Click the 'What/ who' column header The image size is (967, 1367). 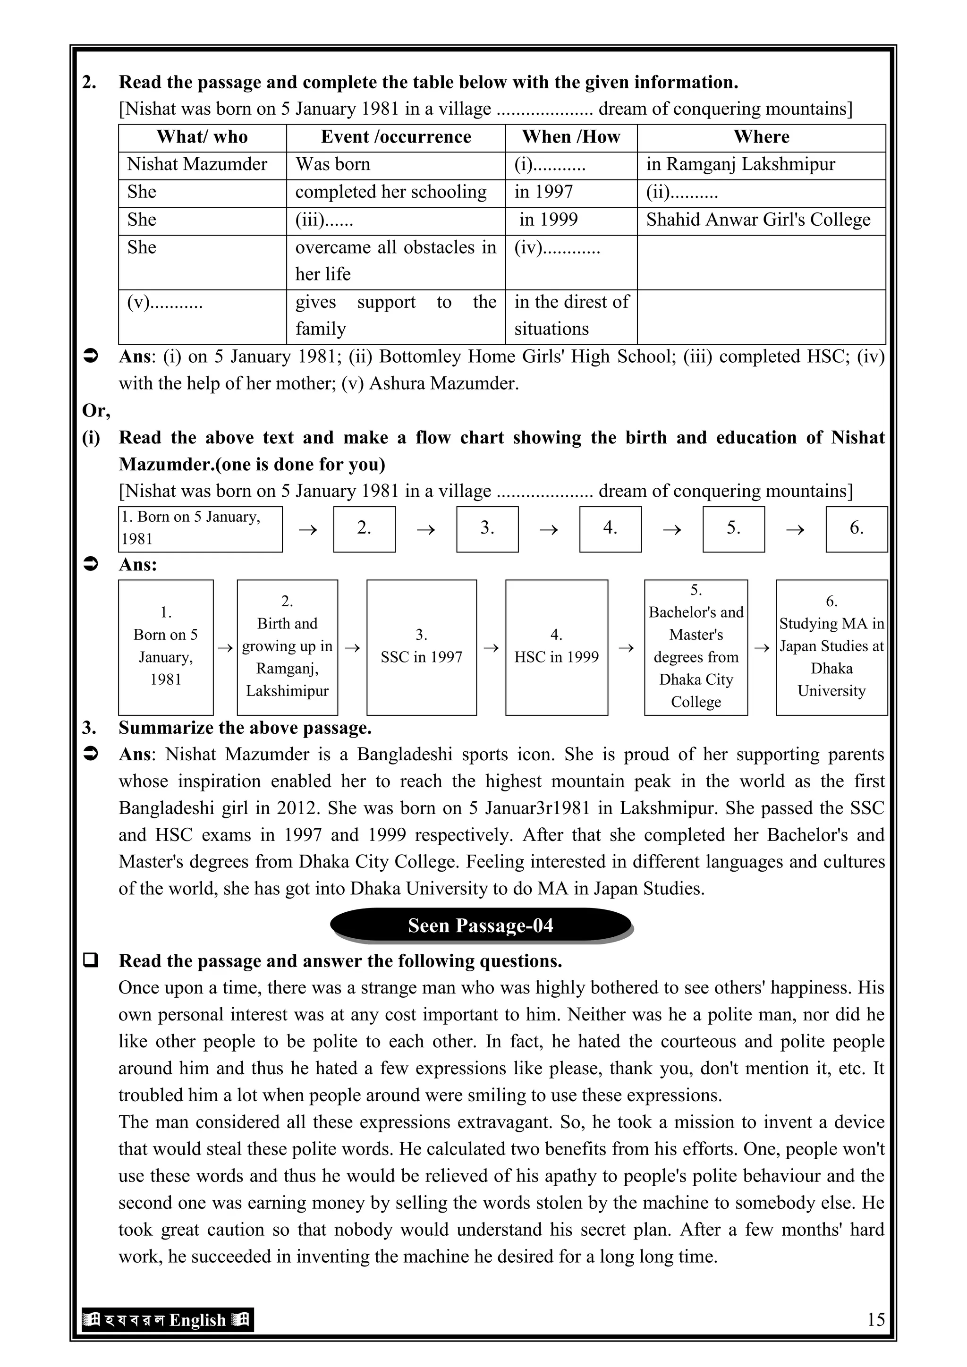tap(202, 137)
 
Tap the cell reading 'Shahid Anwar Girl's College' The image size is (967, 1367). tap(757, 220)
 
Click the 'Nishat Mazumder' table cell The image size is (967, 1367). tap(197, 164)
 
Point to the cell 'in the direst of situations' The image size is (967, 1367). tap(570, 315)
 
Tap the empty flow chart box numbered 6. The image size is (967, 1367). tap(856, 529)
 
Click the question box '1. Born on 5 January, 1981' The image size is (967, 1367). tap(200, 529)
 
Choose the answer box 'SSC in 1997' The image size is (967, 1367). tap(421, 647)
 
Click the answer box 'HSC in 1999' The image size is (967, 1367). tap(556, 647)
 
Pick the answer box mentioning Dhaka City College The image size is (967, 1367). tap(696, 647)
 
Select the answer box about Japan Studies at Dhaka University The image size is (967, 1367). tap(831, 647)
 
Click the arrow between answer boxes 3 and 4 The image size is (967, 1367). tap(491, 648)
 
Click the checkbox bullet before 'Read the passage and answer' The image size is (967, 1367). tap(91, 960)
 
